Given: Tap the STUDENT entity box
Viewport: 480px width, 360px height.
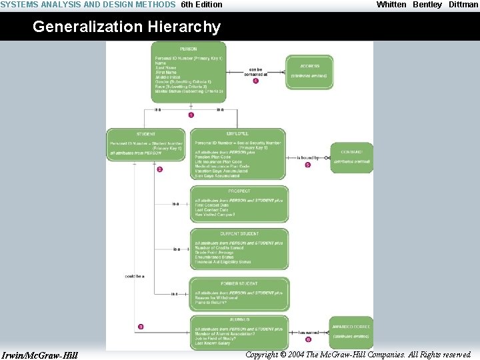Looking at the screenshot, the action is click(x=146, y=144).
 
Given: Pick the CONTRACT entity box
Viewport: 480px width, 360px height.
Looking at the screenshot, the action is click(x=351, y=157).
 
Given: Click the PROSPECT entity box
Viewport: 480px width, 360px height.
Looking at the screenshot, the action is click(x=240, y=204).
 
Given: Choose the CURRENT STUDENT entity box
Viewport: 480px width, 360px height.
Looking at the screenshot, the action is click(x=240, y=249).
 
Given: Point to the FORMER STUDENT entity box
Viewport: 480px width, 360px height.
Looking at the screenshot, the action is click(x=240, y=294).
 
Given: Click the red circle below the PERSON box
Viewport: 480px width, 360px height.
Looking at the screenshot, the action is click(x=191, y=115).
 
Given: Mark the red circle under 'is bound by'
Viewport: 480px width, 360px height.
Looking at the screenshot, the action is click(x=307, y=165).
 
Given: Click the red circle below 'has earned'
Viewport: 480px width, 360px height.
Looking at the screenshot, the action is click(x=308, y=339).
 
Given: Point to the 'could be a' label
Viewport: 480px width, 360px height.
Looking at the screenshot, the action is click(x=135, y=275).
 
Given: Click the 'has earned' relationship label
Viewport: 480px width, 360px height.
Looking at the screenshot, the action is click(x=308, y=331).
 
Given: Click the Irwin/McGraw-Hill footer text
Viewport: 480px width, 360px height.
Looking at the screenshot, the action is click(x=39, y=355).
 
